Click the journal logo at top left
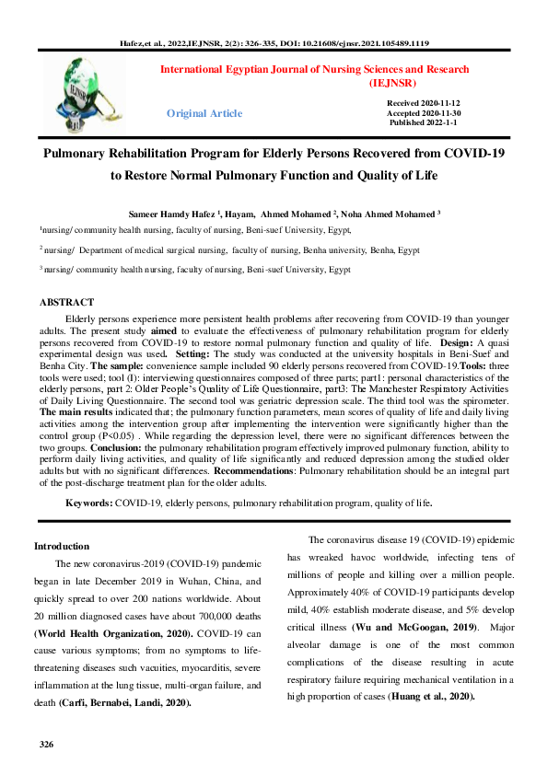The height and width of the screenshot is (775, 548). [x=90, y=88]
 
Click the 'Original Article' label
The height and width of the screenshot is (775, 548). [x=204, y=113]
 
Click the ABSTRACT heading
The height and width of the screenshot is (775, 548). [x=66, y=302]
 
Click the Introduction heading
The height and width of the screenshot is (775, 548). [x=62, y=546]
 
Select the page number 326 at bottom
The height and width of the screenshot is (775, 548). [x=47, y=743]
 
